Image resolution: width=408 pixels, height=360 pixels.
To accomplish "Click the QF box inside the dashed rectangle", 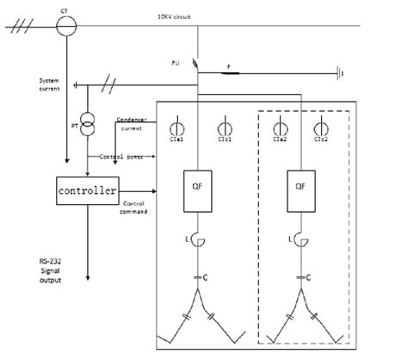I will click(x=301, y=189).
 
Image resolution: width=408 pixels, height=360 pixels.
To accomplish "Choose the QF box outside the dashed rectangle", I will click(x=198, y=189).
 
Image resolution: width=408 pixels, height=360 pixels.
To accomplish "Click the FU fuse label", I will click(x=176, y=61).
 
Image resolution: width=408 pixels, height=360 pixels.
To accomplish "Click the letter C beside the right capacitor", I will click(x=308, y=276).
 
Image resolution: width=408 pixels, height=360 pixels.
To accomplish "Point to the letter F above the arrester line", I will click(x=228, y=65).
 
